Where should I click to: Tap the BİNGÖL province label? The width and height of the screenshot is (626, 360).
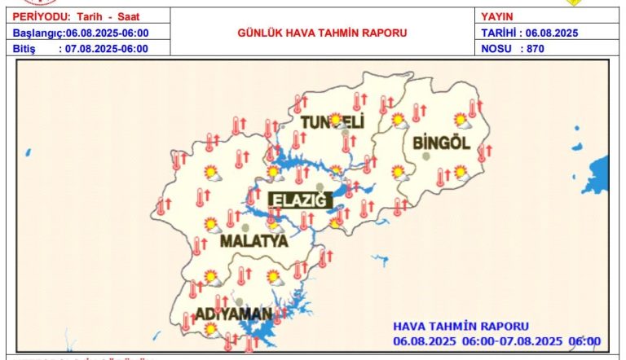[x=443, y=143]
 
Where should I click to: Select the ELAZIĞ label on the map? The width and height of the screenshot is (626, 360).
[x=298, y=200]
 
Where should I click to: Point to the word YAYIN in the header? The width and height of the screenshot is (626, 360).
[x=497, y=16]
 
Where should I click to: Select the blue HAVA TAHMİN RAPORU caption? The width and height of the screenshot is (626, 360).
[x=461, y=326]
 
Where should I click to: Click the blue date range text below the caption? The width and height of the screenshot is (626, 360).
[x=496, y=340]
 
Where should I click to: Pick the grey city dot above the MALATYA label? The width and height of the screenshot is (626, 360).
[x=245, y=227]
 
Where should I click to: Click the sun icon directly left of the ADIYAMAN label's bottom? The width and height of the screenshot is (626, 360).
[x=211, y=328]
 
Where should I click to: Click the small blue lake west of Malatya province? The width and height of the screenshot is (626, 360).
[x=29, y=152]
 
